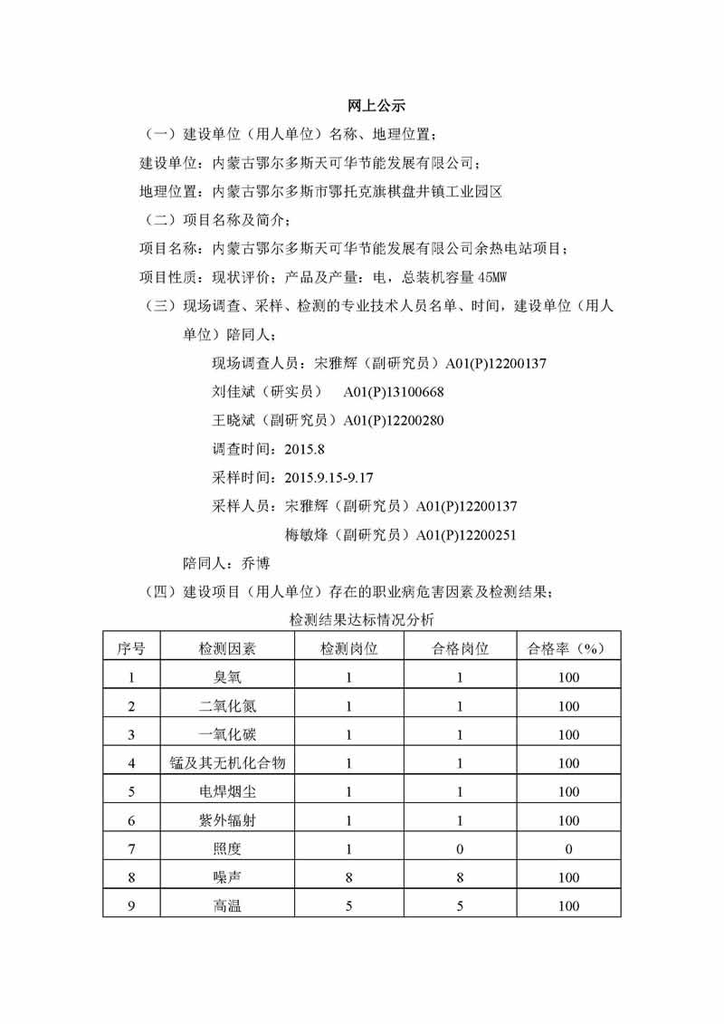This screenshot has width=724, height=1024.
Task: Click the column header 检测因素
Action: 227,648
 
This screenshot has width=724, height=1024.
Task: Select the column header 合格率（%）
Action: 567,648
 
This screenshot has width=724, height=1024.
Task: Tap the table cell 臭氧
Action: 227,677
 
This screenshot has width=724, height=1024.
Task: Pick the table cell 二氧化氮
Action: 227,706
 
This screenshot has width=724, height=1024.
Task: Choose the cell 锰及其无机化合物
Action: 227,763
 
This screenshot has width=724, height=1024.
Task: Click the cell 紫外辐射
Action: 227,821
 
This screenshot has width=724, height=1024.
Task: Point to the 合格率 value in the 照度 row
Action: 567,849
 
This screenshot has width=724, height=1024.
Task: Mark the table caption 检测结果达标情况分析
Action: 362,620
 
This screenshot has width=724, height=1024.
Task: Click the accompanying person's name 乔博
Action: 256,563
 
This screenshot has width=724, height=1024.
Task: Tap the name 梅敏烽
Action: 305,534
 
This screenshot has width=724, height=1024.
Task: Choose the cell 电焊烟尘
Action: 227,792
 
